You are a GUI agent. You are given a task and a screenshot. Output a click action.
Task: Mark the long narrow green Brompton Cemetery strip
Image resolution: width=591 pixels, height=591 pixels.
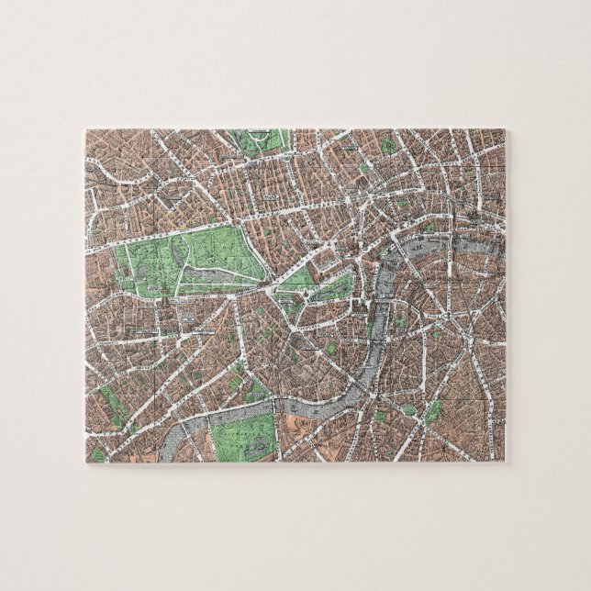pyautogui.click(x=112, y=404)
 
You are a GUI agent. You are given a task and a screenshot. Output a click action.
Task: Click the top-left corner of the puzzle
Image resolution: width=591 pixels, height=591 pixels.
pyautogui.click(x=86, y=128)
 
